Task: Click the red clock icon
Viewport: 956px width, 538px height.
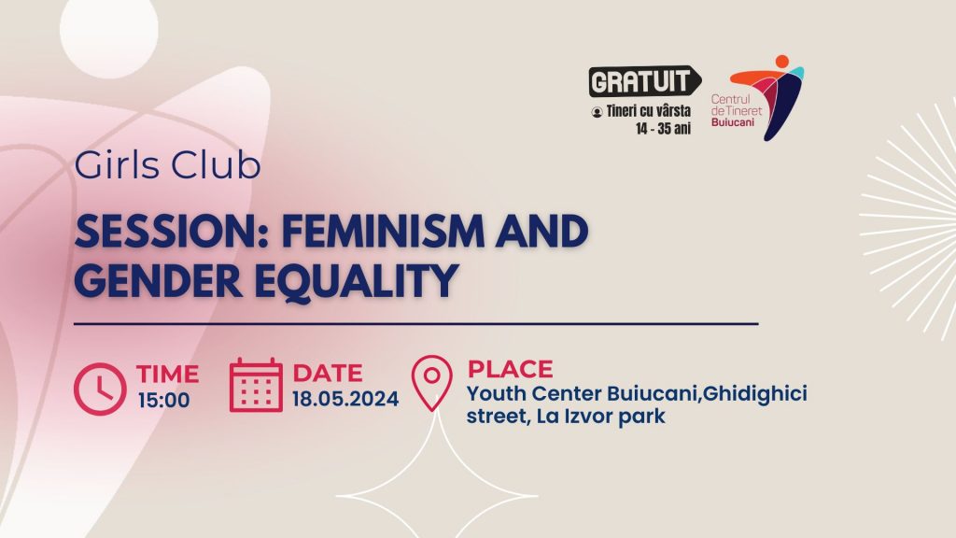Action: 100,389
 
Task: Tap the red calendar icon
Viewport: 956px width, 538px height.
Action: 256,386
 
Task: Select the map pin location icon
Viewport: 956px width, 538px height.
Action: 431,383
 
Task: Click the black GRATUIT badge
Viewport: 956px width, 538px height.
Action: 644,81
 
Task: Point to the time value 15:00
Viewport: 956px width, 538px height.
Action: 163,400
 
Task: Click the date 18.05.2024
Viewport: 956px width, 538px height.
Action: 345,399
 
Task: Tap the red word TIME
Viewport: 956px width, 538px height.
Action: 168,374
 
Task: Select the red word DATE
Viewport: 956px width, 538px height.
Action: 328,373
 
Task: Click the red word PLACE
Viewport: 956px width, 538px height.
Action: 511,369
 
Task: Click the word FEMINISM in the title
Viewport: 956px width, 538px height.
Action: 382,232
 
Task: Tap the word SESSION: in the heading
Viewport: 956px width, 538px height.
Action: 172,232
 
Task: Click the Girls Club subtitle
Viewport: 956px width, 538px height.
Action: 168,164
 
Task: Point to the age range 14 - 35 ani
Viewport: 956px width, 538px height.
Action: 663,129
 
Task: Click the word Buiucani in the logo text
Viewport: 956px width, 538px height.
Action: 732,122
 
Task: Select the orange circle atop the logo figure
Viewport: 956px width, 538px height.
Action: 781,62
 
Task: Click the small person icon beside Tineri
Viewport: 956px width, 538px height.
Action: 597,112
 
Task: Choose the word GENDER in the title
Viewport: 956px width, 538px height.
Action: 159,280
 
